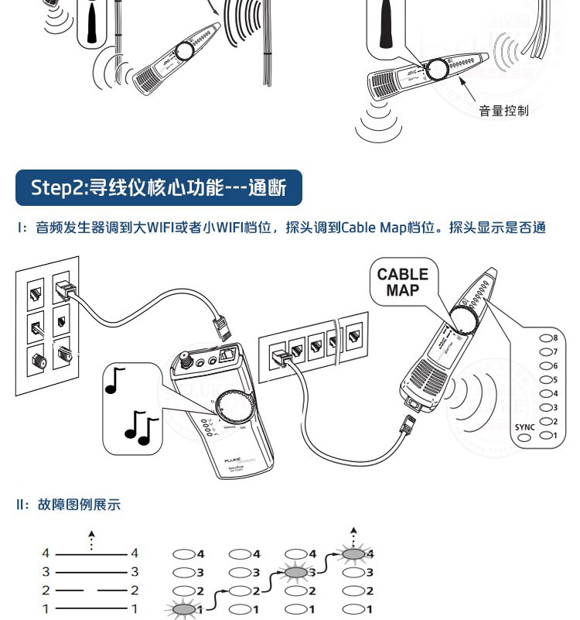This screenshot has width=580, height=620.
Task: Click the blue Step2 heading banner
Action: click(159, 187)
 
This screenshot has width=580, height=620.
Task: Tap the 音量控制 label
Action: click(503, 111)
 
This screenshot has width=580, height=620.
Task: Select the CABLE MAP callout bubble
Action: click(402, 283)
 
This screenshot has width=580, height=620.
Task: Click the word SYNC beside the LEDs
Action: click(524, 426)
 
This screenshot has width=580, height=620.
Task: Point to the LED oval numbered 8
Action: click(545, 338)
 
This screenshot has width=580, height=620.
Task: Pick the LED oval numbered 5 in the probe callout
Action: click(545, 380)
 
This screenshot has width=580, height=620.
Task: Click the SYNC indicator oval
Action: click(524, 438)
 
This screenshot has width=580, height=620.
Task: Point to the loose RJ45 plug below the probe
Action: click(407, 423)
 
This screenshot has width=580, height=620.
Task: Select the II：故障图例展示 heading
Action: click(69, 505)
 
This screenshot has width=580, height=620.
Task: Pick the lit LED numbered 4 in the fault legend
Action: click(354, 553)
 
